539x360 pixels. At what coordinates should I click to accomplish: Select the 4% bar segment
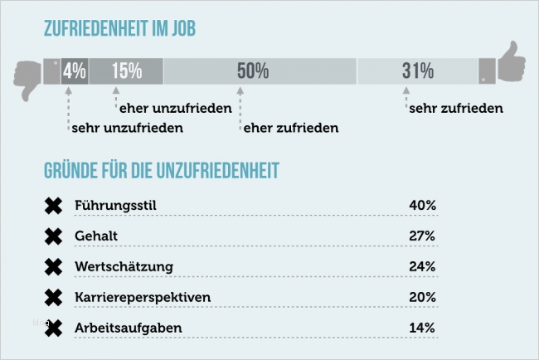(x=75, y=71)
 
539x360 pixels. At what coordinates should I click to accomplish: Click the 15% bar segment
(x=126, y=71)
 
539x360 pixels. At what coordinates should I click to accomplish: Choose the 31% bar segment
(x=418, y=71)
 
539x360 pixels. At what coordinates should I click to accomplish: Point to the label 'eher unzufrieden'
(x=175, y=108)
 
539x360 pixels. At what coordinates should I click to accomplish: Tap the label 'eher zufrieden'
(x=291, y=128)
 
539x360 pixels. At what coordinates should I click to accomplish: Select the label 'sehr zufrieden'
(x=456, y=108)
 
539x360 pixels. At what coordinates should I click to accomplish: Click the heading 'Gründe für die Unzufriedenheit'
(x=161, y=171)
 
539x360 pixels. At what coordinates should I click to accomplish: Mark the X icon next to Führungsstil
(x=53, y=205)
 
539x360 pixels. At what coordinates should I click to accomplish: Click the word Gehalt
(x=95, y=236)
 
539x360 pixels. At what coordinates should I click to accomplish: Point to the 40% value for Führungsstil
(x=422, y=205)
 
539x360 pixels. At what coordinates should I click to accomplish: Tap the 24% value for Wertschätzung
(x=422, y=266)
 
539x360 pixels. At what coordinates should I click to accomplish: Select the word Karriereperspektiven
(x=142, y=297)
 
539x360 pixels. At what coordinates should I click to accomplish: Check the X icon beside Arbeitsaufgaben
(x=53, y=328)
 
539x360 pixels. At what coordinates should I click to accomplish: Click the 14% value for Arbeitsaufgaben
(x=422, y=328)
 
